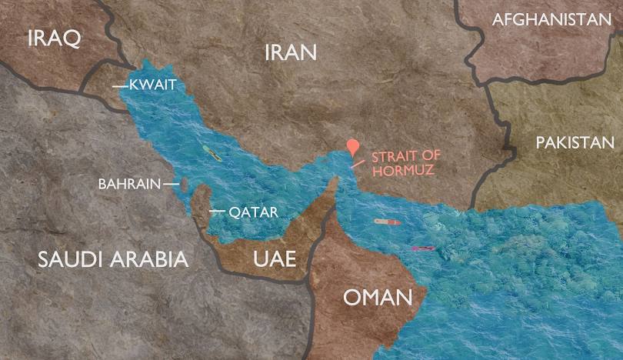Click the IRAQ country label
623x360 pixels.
point(53,38)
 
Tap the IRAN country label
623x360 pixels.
point(291,52)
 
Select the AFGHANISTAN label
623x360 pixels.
point(551,20)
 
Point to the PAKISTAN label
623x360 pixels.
point(575,142)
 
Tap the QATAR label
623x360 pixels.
point(252,212)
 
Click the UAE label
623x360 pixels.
point(274,258)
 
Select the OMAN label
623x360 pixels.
point(374,298)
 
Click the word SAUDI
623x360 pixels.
point(72,258)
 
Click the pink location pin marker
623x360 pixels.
point(353,147)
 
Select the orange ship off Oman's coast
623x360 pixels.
point(387,222)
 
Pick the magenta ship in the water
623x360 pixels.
point(422,248)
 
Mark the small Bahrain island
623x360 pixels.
point(185,184)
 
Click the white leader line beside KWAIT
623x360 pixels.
point(119,86)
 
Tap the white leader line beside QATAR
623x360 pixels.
point(218,211)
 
